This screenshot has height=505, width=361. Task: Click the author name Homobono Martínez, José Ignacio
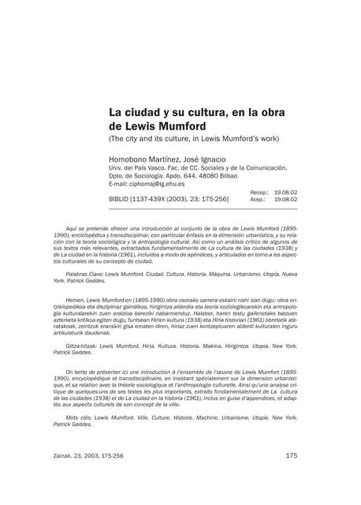[166, 159]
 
